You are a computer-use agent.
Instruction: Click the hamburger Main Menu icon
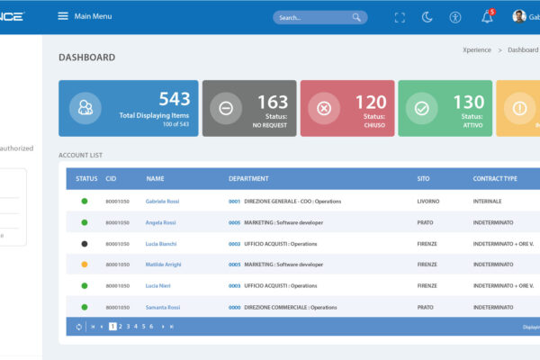coord(63,16)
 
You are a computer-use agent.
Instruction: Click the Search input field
coord(310,17)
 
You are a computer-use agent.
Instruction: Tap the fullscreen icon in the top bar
coord(400,17)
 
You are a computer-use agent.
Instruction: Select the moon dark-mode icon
coord(427,17)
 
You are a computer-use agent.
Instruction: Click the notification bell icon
coord(487,17)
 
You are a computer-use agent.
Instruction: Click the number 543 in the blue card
coord(175,100)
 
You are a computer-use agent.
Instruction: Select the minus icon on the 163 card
coord(226,108)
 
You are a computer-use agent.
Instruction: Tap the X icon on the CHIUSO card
coord(324,108)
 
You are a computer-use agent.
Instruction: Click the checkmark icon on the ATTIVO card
coord(421,108)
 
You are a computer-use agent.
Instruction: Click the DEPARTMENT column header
coord(248,178)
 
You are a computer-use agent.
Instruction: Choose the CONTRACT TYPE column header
coord(495,178)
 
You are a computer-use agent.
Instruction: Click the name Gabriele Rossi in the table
coord(162,201)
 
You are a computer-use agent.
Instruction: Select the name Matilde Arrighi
coord(164,265)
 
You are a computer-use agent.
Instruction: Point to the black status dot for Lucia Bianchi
coord(85,243)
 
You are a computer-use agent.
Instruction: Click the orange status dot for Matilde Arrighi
coord(85,265)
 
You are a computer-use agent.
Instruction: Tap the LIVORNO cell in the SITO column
coord(428,201)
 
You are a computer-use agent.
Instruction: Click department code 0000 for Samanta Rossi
coord(234,307)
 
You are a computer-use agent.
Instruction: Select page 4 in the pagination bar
coord(135,326)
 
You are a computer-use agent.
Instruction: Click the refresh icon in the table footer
coord(79,327)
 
